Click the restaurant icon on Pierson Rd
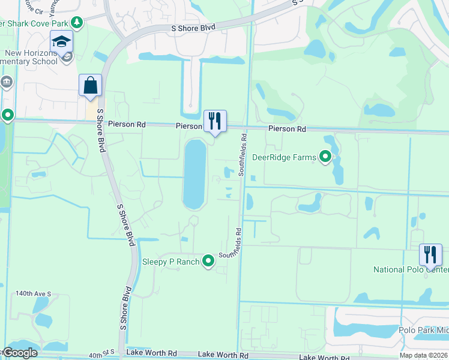[x=215, y=121]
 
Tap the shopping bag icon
[x=90, y=85]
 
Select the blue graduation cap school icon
[x=61, y=41]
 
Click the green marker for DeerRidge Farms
[x=326, y=157]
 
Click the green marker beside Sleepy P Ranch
[x=208, y=261]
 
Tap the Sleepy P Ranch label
[x=170, y=262]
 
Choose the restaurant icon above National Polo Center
[x=431, y=254]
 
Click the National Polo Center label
[x=411, y=269]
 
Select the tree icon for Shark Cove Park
[x=76, y=22]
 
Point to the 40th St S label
[x=102, y=355]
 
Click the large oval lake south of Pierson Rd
[x=194, y=174]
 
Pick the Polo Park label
[x=423, y=330]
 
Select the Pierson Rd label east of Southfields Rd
[x=287, y=129]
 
